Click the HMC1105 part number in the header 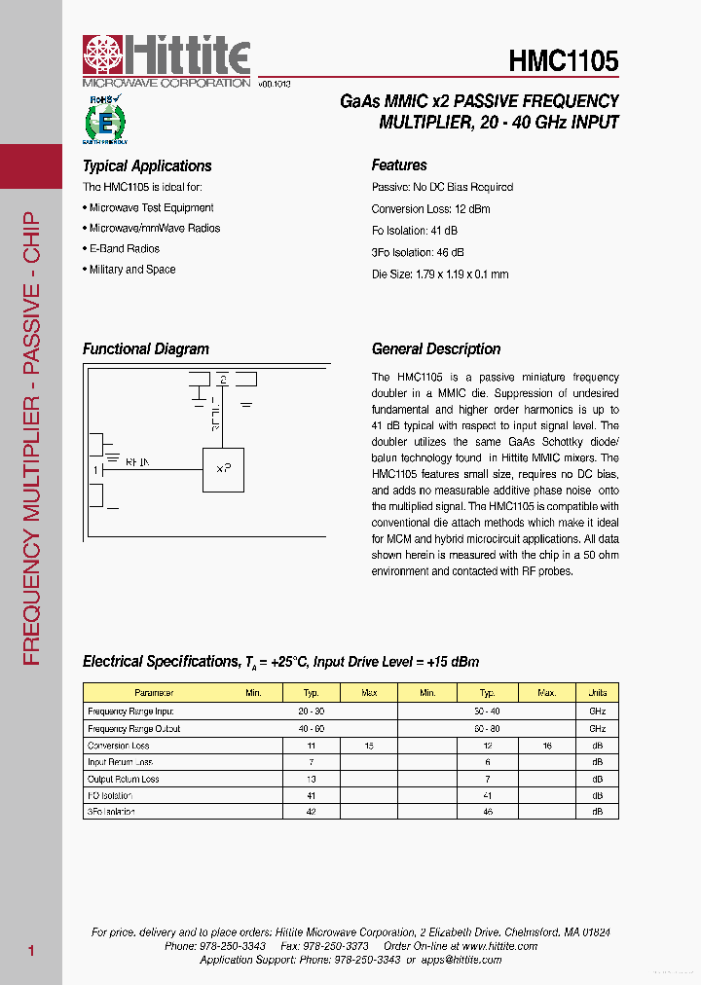[563, 62]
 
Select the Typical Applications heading [147, 166]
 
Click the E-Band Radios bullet [124, 249]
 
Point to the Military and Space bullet [131, 270]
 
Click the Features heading [399, 165]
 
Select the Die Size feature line [440, 274]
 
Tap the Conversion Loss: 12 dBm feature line [430, 209]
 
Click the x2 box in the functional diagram [223, 468]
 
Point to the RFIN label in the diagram [137, 463]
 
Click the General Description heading [436, 349]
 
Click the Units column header [597, 693]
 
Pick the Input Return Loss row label [120, 762]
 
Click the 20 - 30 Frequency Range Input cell [312, 711]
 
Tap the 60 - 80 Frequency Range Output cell [488, 728]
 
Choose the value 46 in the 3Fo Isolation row [488, 811]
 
